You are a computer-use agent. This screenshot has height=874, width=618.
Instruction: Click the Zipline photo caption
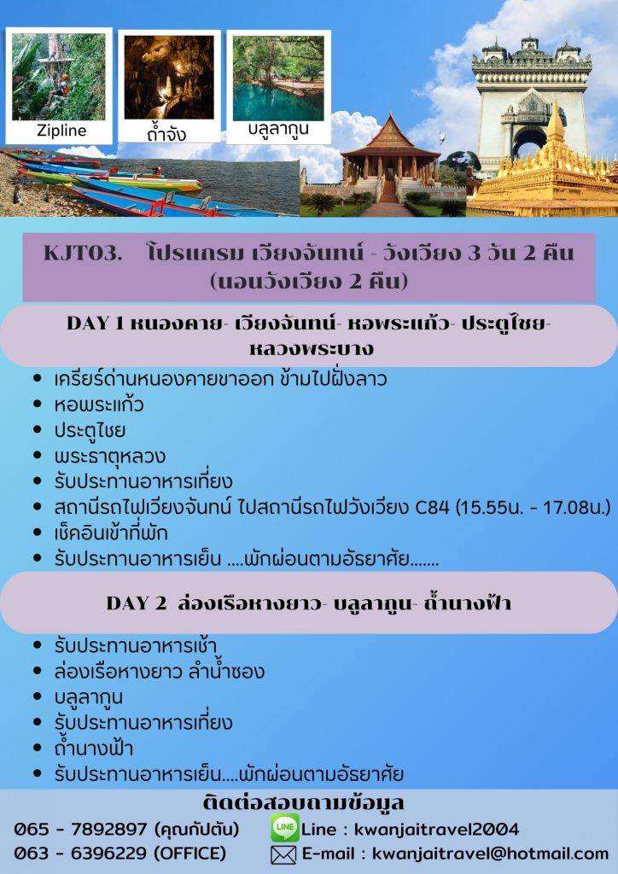(61, 131)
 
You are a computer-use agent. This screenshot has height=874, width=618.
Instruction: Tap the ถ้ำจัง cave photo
(169, 77)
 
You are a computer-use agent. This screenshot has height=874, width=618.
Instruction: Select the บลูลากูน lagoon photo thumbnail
(278, 78)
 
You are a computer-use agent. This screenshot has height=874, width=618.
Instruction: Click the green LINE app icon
(285, 828)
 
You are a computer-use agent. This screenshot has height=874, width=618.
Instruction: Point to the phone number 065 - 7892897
(80, 830)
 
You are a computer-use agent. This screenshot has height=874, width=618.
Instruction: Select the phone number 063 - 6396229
(80, 854)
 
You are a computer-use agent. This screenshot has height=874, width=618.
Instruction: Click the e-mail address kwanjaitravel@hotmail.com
(490, 854)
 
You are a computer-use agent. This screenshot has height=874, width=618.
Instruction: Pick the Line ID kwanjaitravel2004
(436, 830)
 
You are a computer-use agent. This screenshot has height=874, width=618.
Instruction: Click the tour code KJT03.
(83, 253)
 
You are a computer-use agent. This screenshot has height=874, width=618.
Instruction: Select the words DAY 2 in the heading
(137, 603)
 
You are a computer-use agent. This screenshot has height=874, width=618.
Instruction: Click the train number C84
(433, 507)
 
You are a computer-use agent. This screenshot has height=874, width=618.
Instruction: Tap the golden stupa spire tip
(555, 102)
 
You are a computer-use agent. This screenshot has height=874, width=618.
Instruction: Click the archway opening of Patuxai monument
(529, 143)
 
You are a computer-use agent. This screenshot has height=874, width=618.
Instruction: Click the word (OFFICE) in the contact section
(189, 854)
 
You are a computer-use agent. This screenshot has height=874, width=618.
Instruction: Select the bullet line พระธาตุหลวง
(110, 457)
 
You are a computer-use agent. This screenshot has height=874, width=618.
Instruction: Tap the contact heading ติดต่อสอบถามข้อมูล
(303, 803)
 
